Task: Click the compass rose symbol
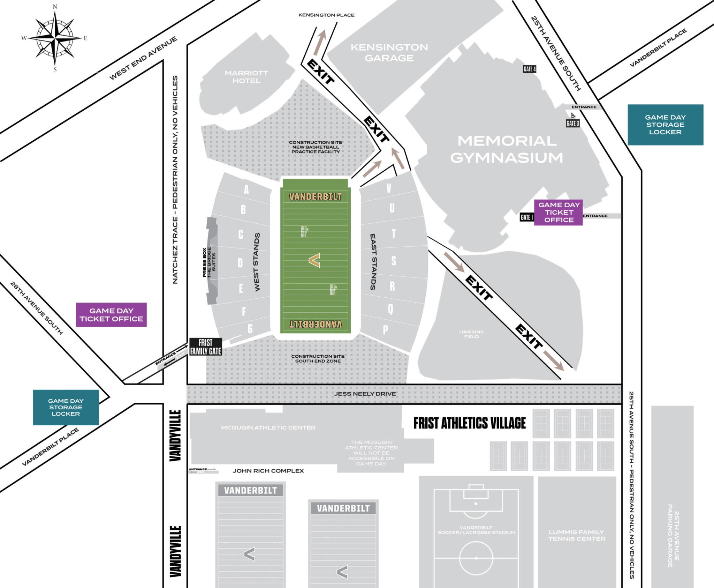click(55, 38)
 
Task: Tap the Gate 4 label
click(529, 69)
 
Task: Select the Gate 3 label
click(572, 123)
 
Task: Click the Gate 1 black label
click(526, 217)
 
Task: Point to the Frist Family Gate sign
click(205, 347)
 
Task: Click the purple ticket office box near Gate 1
click(559, 212)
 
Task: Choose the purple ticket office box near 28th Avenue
click(111, 314)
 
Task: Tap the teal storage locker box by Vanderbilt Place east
click(665, 125)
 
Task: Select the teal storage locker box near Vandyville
click(66, 407)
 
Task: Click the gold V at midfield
click(314, 260)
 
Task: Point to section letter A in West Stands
click(246, 189)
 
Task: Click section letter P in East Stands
click(385, 329)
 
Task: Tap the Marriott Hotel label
click(246, 77)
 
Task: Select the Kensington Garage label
click(389, 52)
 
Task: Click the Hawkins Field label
click(471, 334)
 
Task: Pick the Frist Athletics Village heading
click(469, 423)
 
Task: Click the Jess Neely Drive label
click(365, 394)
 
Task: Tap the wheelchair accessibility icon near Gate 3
click(573, 116)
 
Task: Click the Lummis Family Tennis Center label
click(576, 535)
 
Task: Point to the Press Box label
click(204, 262)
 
